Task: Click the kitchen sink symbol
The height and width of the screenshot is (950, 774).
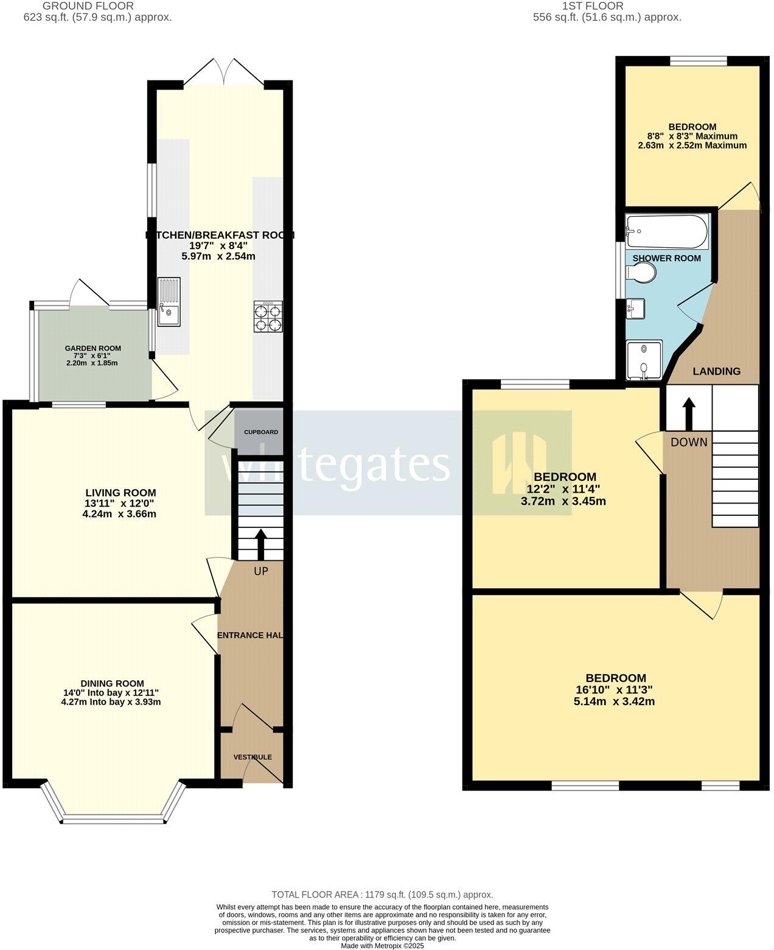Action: (169, 301)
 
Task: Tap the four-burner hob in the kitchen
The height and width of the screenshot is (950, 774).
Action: (268, 317)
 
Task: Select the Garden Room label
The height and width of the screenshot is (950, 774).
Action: (93, 348)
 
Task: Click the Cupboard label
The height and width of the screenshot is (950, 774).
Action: (261, 432)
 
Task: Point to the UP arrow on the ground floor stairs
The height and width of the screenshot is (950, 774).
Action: (261, 544)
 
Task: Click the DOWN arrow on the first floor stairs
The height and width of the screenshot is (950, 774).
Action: (689, 414)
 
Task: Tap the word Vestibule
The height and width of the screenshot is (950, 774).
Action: (253, 757)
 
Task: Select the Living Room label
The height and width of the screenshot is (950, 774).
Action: (120, 493)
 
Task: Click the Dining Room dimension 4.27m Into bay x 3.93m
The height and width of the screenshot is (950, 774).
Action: (111, 702)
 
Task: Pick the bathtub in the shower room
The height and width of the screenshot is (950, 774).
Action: (667, 231)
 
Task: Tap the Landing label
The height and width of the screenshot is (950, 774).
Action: (717, 371)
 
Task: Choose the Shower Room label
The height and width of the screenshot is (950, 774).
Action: (667, 258)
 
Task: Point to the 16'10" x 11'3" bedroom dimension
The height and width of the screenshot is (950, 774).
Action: (615, 690)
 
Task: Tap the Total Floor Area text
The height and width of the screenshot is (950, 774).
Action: (382, 895)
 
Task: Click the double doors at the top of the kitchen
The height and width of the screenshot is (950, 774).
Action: (225, 72)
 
